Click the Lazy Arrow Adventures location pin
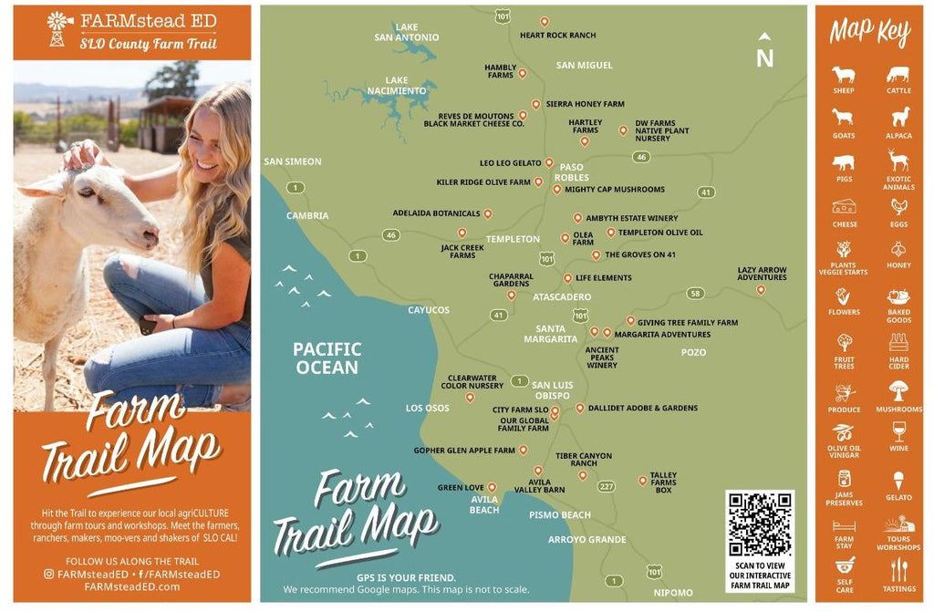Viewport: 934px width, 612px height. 761,290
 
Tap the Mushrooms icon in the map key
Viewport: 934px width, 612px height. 898,390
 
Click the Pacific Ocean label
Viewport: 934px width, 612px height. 327,358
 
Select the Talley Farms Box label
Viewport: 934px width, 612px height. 663,482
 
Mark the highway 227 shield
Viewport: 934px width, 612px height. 606,486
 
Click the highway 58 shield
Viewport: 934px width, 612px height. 696,293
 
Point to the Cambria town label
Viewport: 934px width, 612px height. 307,216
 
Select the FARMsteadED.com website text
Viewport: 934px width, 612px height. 132,586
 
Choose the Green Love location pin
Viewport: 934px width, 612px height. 492,487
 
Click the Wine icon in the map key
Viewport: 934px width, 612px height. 898,430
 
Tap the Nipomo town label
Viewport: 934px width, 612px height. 673,593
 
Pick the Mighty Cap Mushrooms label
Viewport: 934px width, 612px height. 614,190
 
